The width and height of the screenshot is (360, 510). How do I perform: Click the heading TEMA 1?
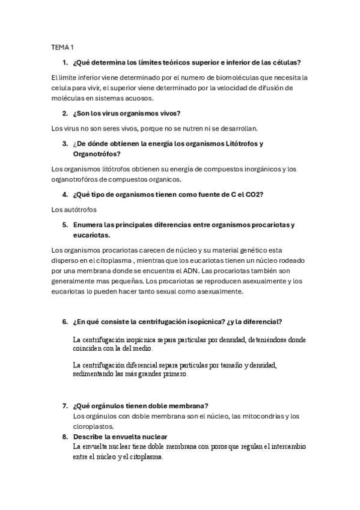61,46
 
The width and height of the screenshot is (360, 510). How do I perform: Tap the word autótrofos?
81,209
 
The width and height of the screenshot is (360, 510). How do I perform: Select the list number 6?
64,322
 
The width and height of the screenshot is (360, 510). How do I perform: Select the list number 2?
64,113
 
